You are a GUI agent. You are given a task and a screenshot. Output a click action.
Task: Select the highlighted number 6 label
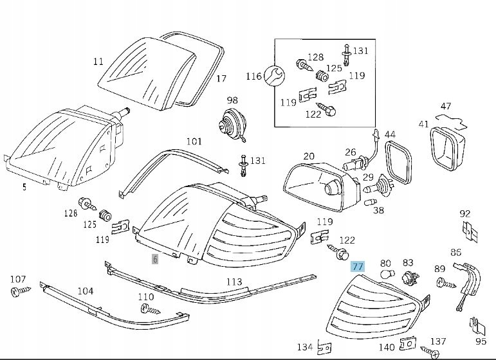(154, 259)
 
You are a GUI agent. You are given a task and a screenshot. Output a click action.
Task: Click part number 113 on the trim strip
(234, 282)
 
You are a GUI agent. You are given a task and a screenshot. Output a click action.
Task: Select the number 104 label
(86, 291)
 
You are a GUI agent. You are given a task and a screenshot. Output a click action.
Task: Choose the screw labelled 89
(443, 282)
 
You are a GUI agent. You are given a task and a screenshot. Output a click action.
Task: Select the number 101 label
(194, 141)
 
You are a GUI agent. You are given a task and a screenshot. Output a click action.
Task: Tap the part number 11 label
(98, 62)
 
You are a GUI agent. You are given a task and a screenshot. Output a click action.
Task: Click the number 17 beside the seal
(221, 79)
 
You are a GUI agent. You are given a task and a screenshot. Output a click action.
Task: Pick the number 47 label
(446, 106)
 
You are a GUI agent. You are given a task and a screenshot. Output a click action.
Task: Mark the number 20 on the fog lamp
(309, 156)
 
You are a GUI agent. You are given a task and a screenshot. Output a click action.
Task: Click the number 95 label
(480, 341)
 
